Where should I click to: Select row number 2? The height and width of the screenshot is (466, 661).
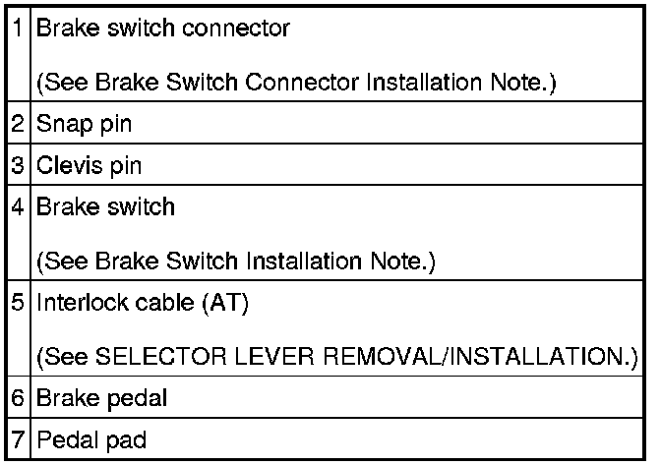coord(20,125)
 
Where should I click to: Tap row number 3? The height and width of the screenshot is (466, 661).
coord(20,166)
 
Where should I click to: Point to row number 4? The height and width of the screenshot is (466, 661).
coord(20,207)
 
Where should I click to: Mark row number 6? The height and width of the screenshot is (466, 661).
coord(20,398)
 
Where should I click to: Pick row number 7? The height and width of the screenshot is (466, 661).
coord(20,438)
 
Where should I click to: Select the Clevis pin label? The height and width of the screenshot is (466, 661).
coord(90,166)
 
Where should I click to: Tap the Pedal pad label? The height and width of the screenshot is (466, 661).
coord(91,438)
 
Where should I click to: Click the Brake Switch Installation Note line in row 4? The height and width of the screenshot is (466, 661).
coord(236,262)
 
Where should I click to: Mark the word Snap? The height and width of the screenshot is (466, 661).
coord(62,125)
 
